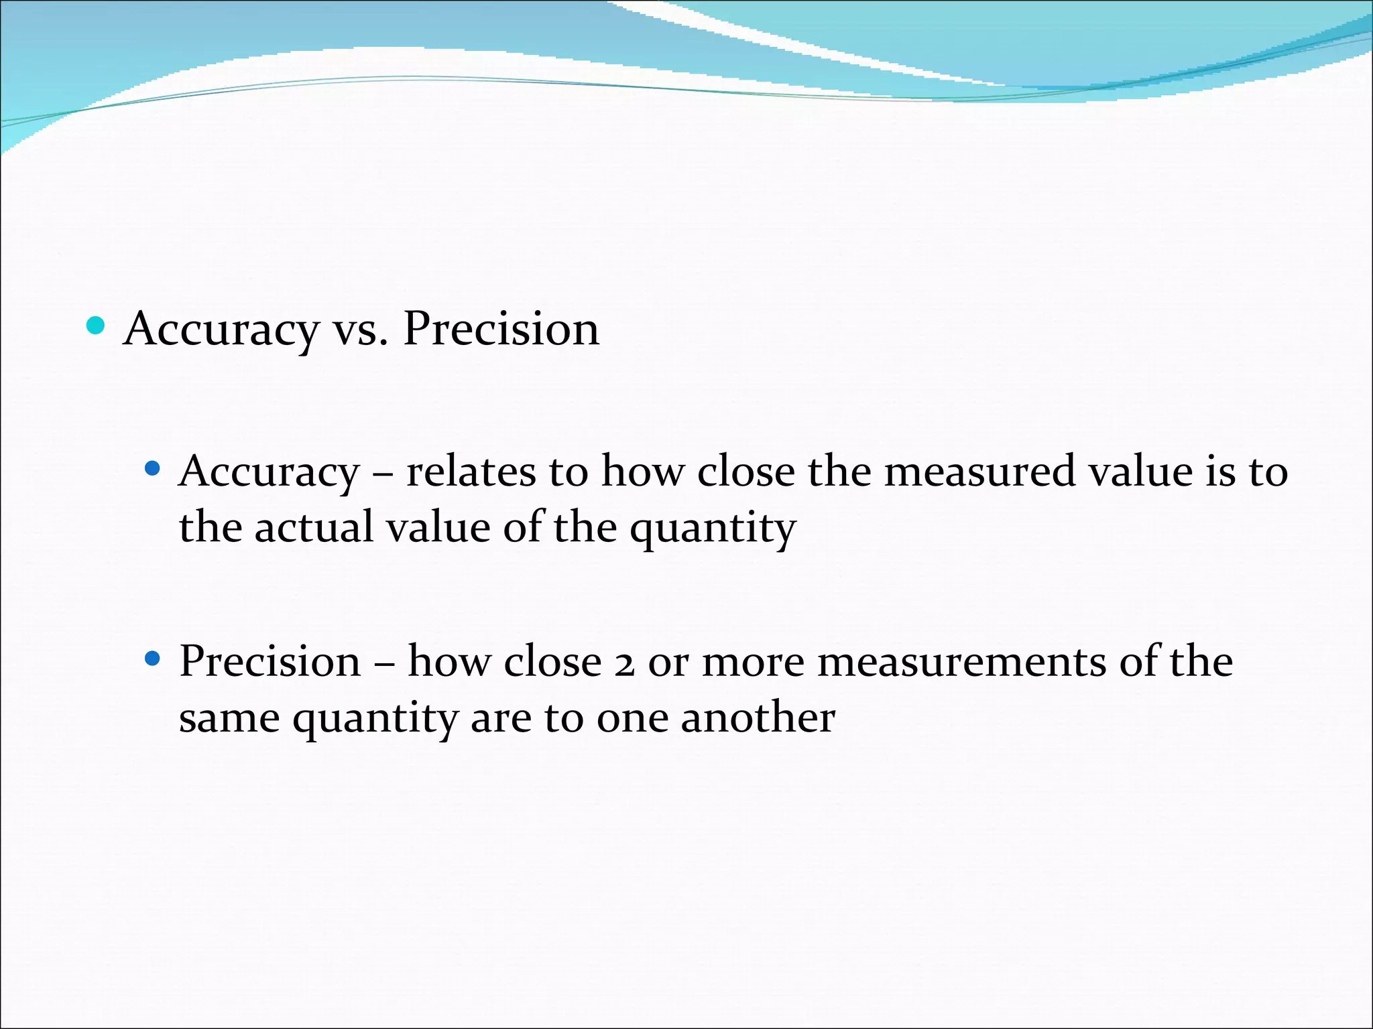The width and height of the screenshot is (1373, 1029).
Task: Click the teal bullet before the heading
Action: click(x=96, y=326)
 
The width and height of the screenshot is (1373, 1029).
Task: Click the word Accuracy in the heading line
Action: click(x=221, y=330)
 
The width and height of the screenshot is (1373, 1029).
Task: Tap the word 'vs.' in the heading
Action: click(x=360, y=330)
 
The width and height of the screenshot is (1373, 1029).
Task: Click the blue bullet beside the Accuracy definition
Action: click(x=153, y=468)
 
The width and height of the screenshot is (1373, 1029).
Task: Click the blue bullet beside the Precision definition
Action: click(x=153, y=659)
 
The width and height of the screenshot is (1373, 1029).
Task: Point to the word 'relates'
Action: click(x=471, y=471)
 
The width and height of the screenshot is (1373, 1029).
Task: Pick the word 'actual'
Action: click(x=314, y=527)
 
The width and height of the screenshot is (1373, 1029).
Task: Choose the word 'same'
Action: click(x=229, y=719)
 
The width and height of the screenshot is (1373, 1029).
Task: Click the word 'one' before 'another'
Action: click(x=632, y=719)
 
